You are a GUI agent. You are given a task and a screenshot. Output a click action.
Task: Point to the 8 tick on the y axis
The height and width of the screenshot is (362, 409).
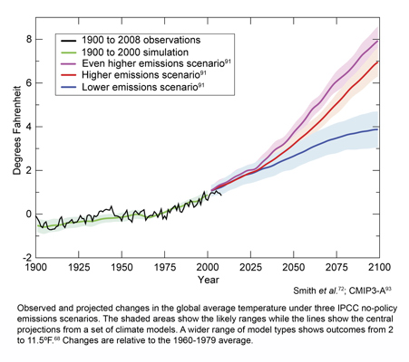click(x=35, y=40)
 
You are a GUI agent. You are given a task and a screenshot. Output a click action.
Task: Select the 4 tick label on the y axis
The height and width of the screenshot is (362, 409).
click(x=28, y=127)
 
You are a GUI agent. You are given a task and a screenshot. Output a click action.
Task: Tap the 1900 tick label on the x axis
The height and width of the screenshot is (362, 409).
click(x=35, y=269)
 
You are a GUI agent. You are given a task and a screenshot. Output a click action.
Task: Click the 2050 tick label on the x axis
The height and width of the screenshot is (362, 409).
click(x=293, y=269)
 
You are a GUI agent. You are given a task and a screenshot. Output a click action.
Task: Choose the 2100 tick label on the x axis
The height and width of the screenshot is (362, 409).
click(x=378, y=269)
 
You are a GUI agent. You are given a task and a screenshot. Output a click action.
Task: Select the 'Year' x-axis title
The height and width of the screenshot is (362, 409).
click(x=209, y=281)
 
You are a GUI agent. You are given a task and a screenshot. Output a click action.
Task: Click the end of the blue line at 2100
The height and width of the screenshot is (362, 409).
click(x=378, y=129)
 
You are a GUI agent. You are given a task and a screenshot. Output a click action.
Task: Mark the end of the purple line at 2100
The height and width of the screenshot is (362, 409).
click(x=378, y=39)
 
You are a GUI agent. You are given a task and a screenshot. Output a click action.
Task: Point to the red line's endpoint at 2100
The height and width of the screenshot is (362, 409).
click(x=378, y=62)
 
